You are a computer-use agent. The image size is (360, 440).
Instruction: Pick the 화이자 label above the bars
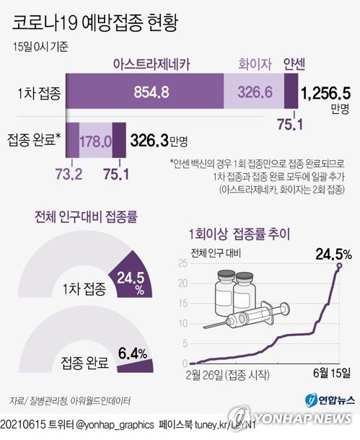[x=254, y=63]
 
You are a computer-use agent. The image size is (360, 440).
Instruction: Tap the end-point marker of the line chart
[x=339, y=265]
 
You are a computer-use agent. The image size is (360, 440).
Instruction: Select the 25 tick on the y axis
[x=182, y=265]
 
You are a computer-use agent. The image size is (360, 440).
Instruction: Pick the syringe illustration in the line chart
[x=253, y=319]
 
